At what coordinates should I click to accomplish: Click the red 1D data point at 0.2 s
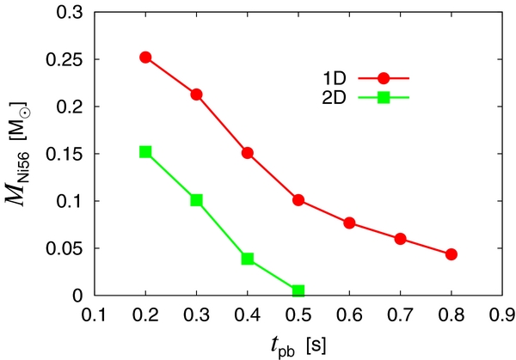145,58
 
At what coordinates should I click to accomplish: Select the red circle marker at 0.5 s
298,200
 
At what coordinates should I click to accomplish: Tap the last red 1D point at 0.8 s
451,254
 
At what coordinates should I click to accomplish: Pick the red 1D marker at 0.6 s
349,223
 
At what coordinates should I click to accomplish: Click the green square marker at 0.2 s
145,152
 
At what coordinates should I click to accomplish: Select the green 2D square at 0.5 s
298,291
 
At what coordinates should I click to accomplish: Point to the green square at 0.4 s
248,259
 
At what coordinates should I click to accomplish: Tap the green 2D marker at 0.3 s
196,200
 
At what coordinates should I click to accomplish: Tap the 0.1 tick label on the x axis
95,313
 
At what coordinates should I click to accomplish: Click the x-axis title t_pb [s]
298,343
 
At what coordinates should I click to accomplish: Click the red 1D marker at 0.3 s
196,95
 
